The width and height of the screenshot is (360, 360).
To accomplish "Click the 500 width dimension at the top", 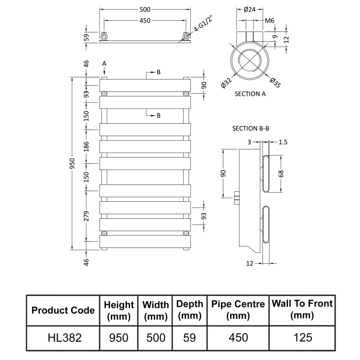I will coord(144,9).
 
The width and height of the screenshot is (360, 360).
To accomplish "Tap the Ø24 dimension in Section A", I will coord(249,9).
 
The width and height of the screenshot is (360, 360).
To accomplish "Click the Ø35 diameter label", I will coord(275,82).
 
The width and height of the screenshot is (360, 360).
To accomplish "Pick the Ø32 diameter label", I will coord(226,83).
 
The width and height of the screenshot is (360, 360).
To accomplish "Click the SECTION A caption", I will coord(250,94).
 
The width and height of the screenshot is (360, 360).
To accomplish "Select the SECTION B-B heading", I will coord(251,128).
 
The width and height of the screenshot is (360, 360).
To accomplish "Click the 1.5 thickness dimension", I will coord(283,142).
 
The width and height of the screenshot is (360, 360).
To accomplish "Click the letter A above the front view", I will coord(104,63).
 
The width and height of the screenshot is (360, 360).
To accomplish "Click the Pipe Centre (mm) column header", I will coord(238,310).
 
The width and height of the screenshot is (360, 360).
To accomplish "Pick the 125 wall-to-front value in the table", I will coord(302,337).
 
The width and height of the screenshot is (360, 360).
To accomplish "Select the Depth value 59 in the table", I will coord(189,337).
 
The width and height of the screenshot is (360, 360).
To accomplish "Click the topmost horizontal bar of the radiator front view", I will coord(144,85).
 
